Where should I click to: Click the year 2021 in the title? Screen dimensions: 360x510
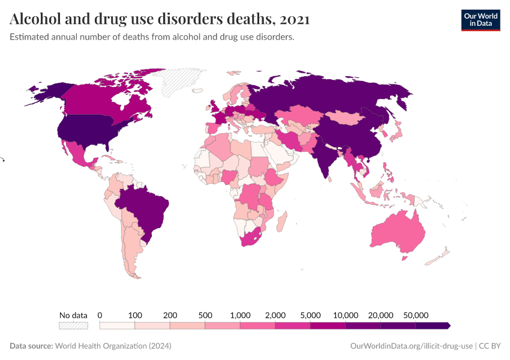pyautogui.click(x=294, y=19)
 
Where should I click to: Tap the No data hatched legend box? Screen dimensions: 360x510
pyautogui.click(x=73, y=325)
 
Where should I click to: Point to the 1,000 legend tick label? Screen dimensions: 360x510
pyautogui.click(x=240, y=315)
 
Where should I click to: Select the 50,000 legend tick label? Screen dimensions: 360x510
pyautogui.click(x=415, y=315)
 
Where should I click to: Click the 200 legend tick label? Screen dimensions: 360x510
pyautogui.click(x=170, y=315)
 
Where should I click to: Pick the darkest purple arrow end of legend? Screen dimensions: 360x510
pyautogui.click(x=448, y=325)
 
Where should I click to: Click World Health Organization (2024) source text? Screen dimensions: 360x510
pyautogui.click(x=113, y=346)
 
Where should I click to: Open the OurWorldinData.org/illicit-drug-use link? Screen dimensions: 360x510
pyautogui.click(x=411, y=346)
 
